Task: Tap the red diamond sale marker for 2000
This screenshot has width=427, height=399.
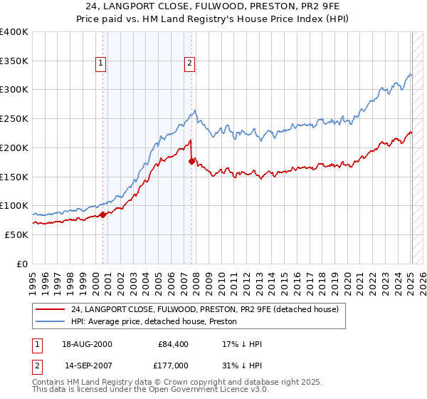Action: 102,214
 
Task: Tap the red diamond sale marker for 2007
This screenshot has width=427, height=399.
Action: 192,161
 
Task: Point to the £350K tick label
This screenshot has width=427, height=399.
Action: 14,61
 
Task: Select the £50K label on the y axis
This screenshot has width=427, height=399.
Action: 16,234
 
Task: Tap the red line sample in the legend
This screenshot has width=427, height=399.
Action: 50,310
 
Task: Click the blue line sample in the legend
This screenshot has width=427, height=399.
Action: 50,321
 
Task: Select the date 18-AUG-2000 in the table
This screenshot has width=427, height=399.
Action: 88,344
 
